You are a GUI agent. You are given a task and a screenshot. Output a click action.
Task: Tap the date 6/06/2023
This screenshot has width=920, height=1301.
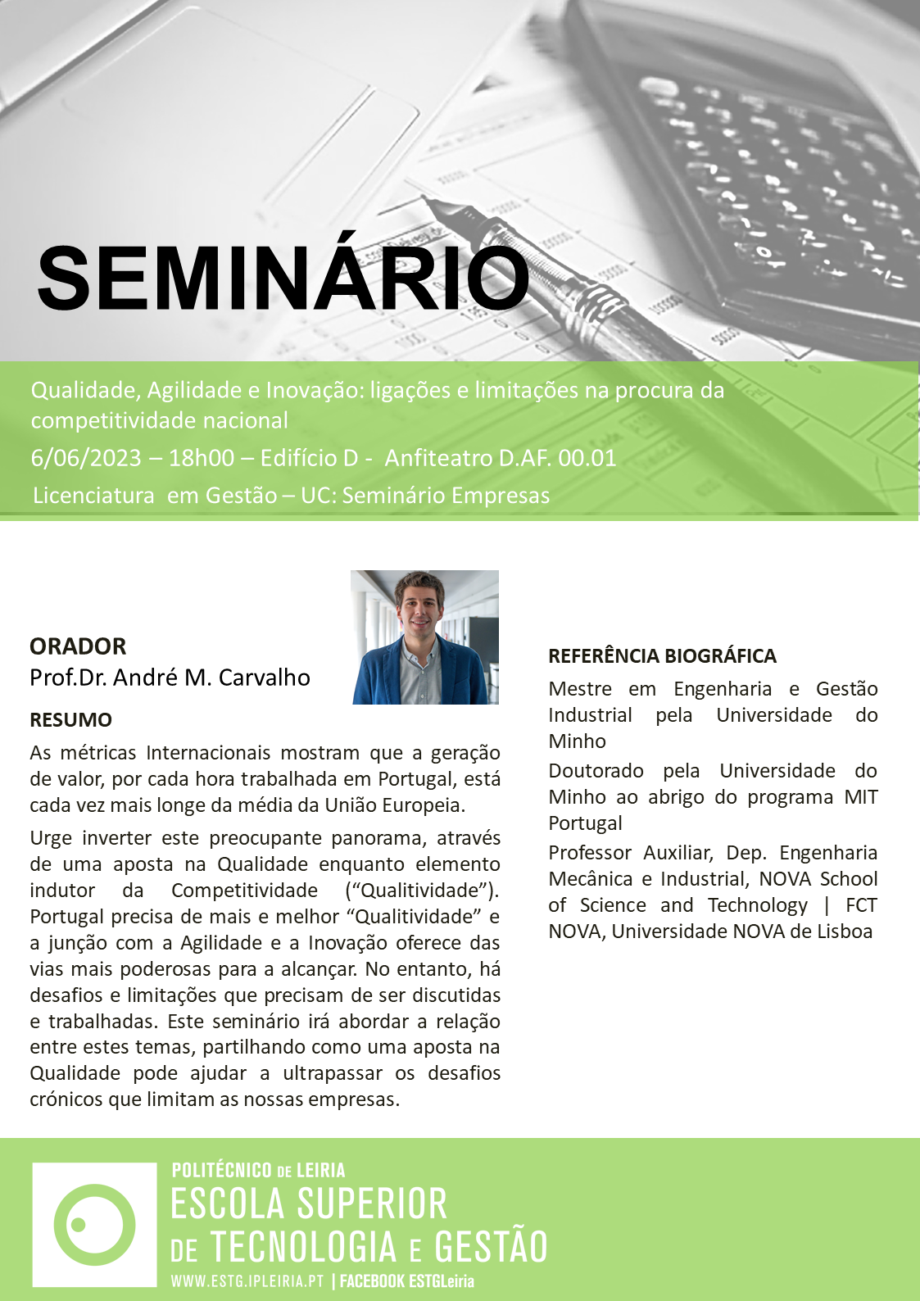pyautogui.click(x=86, y=458)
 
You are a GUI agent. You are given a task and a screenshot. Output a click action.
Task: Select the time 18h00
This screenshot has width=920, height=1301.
pyautogui.click(x=201, y=458)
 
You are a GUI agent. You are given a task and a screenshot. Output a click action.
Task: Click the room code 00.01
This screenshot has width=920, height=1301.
pyautogui.click(x=587, y=458)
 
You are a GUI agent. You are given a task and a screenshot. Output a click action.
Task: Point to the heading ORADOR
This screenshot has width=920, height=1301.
pyautogui.click(x=78, y=646)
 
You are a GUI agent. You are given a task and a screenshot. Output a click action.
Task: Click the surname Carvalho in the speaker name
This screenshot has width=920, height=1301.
pyautogui.click(x=265, y=678)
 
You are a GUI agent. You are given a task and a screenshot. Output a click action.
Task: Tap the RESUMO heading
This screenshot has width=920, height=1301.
pyautogui.click(x=70, y=719)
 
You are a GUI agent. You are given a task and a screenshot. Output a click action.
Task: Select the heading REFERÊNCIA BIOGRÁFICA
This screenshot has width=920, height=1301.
pyautogui.click(x=662, y=655)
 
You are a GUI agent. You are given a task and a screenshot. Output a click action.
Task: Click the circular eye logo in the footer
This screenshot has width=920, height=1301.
pyautogui.click(x=95, y=1224)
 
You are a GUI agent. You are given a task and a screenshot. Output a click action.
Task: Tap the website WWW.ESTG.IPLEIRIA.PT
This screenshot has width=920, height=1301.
pyautogui.click(x=247, y=1281)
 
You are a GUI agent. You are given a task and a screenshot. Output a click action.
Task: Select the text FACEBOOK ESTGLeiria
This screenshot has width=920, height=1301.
pyautogui.click(x=406, y=1281)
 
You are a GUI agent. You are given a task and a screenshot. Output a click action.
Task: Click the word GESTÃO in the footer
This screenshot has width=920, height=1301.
pyautogui.click(x=491, y=1246)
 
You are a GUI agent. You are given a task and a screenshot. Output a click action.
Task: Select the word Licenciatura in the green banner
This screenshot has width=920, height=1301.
pyautogui.click(x=93, y=496)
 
